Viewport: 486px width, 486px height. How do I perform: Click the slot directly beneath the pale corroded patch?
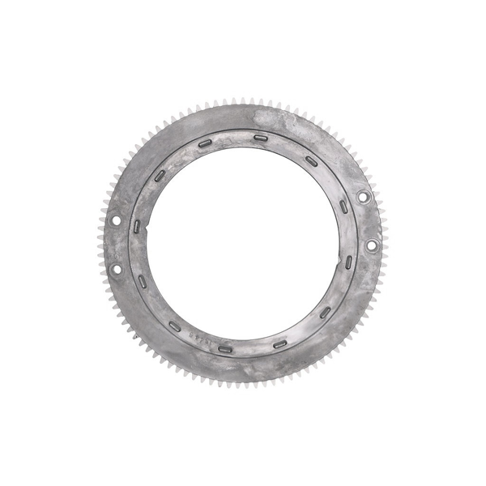[x=260, y=138]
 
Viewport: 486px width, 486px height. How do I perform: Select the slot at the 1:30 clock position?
[x=311, y=160]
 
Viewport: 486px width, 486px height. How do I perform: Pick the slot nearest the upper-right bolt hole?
[x=343, y=206]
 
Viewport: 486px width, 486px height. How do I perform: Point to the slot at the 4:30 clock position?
[x=324, y=311]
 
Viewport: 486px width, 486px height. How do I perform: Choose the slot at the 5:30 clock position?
[x=279, y=343]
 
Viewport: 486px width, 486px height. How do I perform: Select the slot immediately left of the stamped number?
[x=174, y=326]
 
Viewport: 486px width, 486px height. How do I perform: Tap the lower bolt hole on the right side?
[x=372, y=245]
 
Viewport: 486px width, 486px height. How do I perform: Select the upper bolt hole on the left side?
[x=113, y=219]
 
